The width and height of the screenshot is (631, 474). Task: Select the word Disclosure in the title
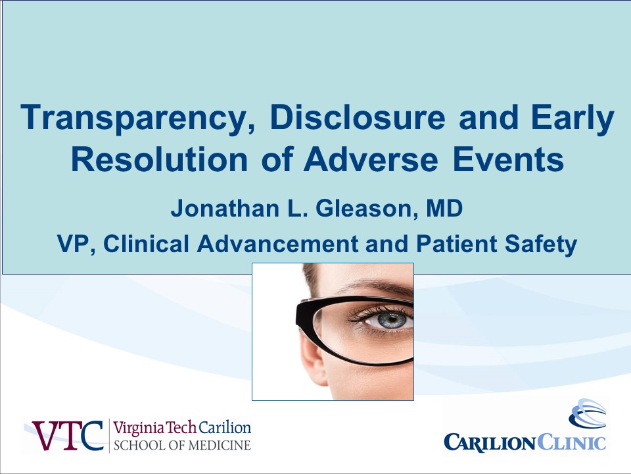358,117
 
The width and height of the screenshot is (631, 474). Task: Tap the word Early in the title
573,118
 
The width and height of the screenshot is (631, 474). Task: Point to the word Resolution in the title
159,159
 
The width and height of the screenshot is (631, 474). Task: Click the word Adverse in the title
371,159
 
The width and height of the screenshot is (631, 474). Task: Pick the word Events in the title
508,159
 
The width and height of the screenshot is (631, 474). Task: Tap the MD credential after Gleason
445,209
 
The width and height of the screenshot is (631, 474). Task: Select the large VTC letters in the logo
68,435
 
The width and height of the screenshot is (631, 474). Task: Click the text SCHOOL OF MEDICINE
182,446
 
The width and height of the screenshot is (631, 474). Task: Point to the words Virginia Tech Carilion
182,427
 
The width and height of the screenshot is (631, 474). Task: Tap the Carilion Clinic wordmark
525,442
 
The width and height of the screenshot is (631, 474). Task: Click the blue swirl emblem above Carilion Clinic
588,413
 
